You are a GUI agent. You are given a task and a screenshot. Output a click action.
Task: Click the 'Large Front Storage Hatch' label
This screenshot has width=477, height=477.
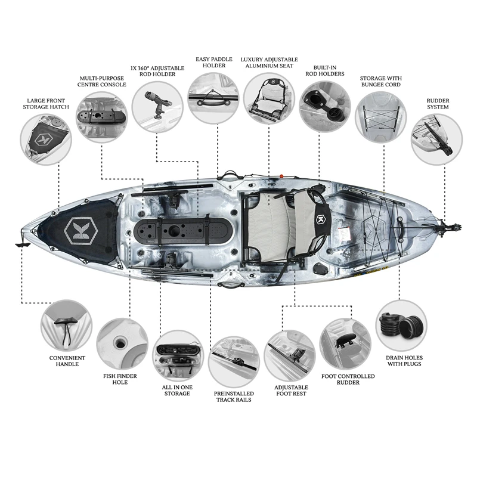46,104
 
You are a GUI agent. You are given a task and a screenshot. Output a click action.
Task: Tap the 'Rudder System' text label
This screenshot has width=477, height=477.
438,104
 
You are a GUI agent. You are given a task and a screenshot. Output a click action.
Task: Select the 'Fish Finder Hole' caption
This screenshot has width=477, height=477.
120,379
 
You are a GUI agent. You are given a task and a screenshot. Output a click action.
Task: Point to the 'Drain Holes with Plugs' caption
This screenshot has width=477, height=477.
404,361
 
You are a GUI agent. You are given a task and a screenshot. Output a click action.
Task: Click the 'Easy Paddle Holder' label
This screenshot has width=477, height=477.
214,63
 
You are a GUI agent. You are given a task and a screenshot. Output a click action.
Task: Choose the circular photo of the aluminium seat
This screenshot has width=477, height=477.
269,98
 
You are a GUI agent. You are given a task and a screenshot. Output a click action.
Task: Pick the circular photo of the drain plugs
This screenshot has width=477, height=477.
401,326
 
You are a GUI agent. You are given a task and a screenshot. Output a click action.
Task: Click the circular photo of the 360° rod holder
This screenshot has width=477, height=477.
157,107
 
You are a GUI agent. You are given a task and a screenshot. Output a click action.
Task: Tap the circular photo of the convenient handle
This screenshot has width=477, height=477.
66,326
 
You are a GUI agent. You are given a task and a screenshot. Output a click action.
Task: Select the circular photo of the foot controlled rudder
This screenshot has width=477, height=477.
346,344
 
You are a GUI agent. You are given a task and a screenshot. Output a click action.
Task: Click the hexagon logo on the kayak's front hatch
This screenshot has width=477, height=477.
81,231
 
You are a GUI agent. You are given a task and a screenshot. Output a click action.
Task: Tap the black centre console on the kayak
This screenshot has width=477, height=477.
183,230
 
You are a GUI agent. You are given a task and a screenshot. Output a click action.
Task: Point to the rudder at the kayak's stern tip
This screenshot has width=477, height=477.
450,228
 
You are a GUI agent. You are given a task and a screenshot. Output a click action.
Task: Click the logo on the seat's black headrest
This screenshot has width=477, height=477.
320,219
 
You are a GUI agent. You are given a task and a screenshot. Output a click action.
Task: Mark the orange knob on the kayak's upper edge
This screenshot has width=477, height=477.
281,176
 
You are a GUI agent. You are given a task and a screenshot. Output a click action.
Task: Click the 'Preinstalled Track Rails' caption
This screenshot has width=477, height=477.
234,397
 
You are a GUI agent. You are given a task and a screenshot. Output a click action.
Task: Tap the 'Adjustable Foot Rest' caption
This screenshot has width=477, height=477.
291,391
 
